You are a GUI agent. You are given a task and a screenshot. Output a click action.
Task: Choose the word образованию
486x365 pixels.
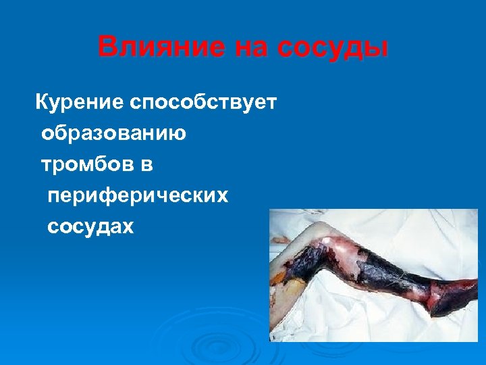[x=113, y=133]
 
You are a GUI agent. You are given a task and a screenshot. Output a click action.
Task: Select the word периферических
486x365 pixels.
[x=138, y=195]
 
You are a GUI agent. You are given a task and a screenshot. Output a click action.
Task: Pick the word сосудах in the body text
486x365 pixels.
[x=90, y=226]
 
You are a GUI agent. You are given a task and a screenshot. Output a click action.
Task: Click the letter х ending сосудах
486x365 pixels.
[x=128, y=227]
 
